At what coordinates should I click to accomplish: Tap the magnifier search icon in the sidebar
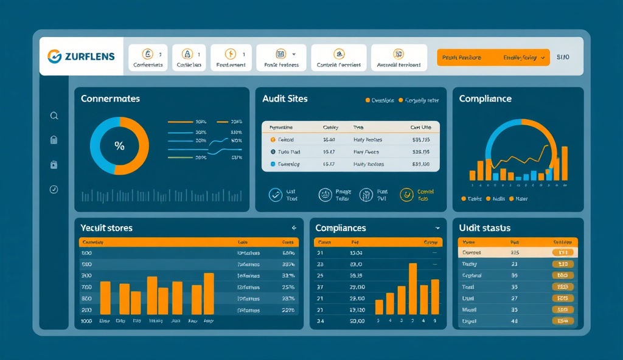(54, 116)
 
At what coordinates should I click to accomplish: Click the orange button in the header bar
(493, 58)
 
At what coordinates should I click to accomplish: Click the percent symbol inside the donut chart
(119, 146)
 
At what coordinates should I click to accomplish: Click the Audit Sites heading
(285, 99)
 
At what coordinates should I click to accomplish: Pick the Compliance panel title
(485, 99)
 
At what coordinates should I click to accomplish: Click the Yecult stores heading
(106, 228)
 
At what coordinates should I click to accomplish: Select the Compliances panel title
(341, 228)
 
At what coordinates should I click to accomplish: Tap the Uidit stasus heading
(484, 228)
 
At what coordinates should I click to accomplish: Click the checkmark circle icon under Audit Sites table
(276, 195)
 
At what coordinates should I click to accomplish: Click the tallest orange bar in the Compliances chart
(413, 288)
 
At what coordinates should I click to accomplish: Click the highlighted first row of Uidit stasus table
(517, 252)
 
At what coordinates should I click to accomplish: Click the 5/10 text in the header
(563, 58)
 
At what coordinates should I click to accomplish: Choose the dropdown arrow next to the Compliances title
(437, 228)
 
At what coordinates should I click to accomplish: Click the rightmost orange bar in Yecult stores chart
(209, 293)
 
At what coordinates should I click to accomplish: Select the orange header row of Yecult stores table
(189, 242)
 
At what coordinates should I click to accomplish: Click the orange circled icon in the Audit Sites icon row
(406, 195)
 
